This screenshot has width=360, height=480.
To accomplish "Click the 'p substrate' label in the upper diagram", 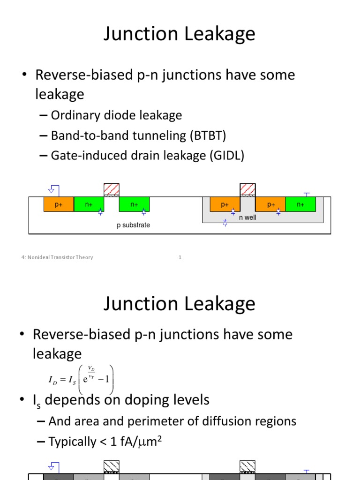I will pos(133,225).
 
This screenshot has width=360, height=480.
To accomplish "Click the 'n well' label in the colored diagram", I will pos(247,217).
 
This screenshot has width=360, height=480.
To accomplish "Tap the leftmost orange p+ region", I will pos(59,204).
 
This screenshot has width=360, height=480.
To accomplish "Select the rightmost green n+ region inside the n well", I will pos(300,204).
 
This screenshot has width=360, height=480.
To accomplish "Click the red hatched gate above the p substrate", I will pos(112,189).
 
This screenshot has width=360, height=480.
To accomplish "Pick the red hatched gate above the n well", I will pos(247,189).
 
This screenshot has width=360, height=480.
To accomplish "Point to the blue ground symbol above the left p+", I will pos(52,189).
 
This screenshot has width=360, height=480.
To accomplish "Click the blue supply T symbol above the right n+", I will pos(307,193).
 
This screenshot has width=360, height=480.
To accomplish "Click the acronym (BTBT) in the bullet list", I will pos(208,136).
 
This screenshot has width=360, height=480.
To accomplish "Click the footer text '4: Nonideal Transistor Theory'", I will pos(57,257).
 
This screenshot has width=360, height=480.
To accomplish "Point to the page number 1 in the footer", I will pos(180,257).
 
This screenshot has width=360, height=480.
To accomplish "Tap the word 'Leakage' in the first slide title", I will pos(218,35).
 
